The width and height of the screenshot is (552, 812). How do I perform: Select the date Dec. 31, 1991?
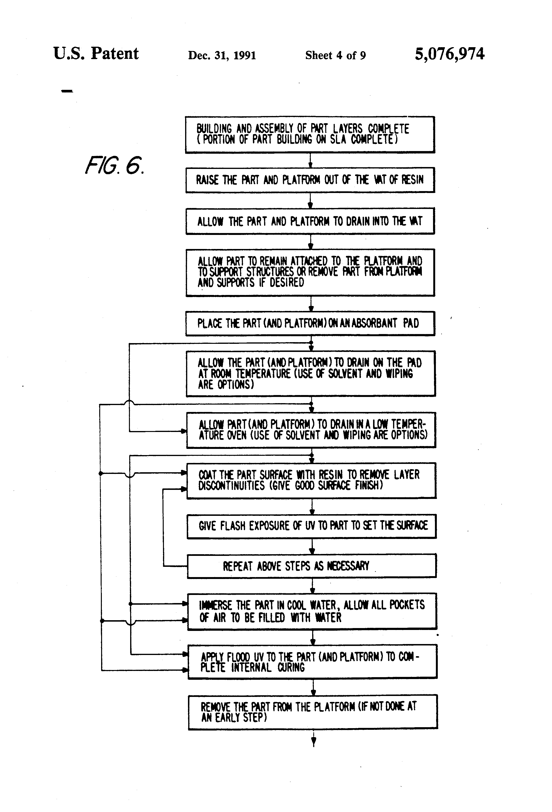pyautogui.click(x=222, y=55)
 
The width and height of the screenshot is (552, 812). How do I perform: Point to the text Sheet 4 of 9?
pyautogui.click(x=335, y=55)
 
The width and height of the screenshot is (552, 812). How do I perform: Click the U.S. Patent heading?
pyautogui.click(x=96, y=54)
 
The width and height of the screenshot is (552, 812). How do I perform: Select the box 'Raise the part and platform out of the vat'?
pyautogui.click(x=310, y=180)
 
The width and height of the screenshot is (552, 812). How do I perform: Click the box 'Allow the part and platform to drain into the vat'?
pyautogui.click(x=310, y=221)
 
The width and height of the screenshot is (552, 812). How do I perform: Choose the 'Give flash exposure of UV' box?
pyautogui.click(x=312, y=526)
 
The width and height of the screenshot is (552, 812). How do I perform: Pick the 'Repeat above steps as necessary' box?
pyautogui.click(x=312, y=566)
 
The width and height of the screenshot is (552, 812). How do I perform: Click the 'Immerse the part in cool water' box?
pyautogui.click(x=312, y=611)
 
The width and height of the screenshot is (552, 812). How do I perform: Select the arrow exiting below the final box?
pyautogui.click(x=313, y=739)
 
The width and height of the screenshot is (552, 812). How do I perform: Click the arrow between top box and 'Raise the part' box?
pyautogui.click(x=310, y=161)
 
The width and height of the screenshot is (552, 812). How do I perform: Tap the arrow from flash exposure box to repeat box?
pyautogui.click(x=312, y=547)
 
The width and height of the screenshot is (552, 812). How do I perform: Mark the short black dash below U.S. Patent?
pyautogui.click(x=67, y=91)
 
